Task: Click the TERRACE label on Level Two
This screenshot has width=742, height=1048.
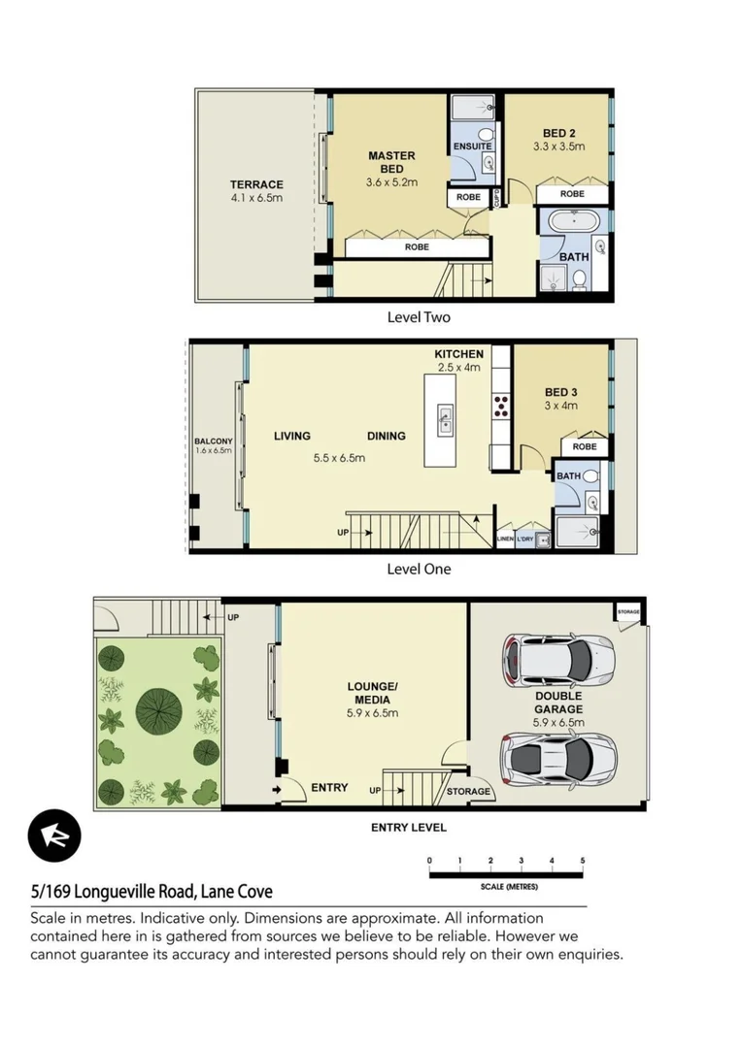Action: [x=256, y=184]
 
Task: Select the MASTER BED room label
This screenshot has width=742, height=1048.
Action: [x=391, y=162]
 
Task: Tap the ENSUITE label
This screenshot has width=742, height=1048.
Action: [x=473, y=147]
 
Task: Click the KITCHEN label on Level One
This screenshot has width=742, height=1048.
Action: [x=458, y=354]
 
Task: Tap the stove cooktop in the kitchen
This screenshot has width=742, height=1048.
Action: [x=502, y=406]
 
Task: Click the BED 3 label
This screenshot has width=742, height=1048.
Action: [x=560, y=392]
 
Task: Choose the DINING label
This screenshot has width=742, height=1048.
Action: [x=386, y=436]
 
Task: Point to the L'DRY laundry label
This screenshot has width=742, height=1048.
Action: [x=525, y=539]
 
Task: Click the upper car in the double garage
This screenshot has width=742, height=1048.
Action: [x=558, y=659]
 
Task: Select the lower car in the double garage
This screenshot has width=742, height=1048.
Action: [x=558, y=757]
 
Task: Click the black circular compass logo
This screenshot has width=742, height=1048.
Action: [x=54, y=835]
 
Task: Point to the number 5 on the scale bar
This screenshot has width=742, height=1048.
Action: [x=582, y=861]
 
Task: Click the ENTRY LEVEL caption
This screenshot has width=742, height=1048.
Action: [x=408, y=828]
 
